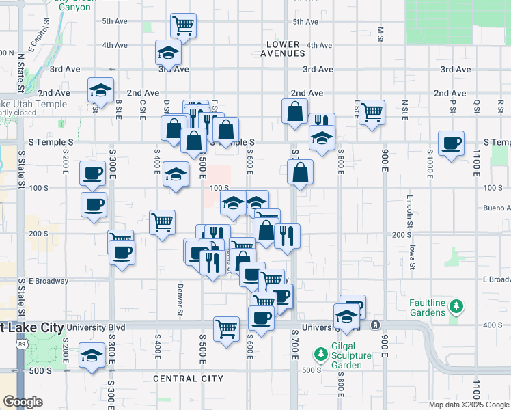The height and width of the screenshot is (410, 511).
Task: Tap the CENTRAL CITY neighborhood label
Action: [x=188, y=378]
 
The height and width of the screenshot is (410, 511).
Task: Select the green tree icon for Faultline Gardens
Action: [x=455, y=310]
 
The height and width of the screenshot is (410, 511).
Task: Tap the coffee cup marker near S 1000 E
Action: [x=451, y=143]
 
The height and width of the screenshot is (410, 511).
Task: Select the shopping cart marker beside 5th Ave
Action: [x=183, y=26]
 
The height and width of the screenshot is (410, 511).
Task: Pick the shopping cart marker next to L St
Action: [x=372, y=112]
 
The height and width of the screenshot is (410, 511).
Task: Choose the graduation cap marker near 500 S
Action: [x=92, y=355]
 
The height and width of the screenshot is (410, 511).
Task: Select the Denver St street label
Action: [x=180, y=299]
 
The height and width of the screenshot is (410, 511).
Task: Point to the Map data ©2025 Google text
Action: [x=468, y=404]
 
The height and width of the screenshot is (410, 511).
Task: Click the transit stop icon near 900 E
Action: [x=375, y=325]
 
